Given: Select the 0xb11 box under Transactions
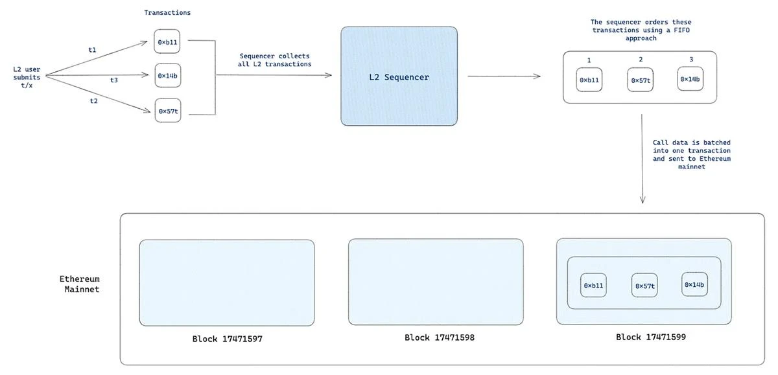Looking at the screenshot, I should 167,42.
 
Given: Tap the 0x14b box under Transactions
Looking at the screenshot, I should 167,76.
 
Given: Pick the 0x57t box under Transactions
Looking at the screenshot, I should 167,111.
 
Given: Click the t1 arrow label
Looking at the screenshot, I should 92,49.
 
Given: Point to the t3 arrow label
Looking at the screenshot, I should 114,80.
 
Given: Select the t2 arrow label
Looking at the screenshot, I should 93,101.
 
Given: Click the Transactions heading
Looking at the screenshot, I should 167,12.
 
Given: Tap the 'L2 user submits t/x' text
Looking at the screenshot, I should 27,77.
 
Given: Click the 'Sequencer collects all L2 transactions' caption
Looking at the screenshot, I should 275,60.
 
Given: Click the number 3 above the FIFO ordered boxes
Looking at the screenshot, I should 691,60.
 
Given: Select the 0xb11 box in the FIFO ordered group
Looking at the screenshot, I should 589,80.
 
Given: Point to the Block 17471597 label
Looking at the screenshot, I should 227,339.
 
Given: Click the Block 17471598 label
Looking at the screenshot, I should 440,337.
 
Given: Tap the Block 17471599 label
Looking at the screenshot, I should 651,337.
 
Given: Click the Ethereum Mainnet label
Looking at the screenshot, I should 80,284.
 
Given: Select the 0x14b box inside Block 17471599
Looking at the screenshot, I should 694,285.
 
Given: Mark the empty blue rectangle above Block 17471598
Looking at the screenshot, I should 436,282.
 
